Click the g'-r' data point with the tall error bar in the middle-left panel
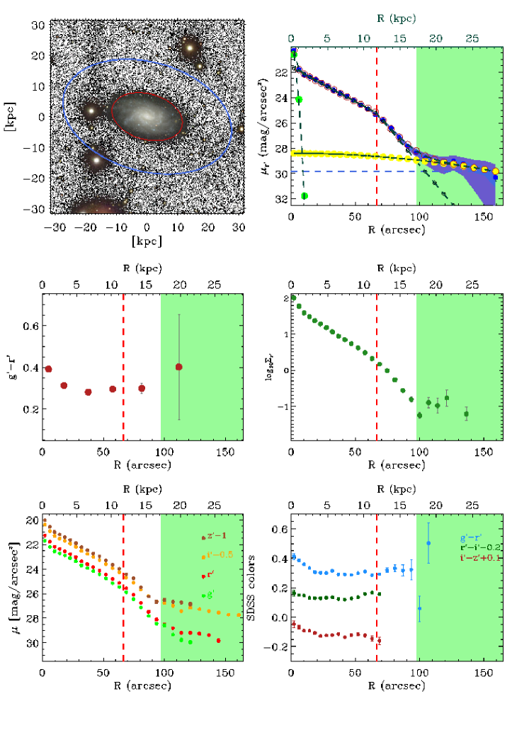pyautogui.click(x=178, y=367)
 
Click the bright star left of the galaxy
pyautogui.click(x=91, y=111)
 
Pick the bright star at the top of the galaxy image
pyautogui.click(x=190, y=47)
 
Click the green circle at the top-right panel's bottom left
pyautogui.click(x=305, y=195)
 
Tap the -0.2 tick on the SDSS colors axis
pyautogui.click(x=277, y=648)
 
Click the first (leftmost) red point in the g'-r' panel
pyautogui.click(x=48, y=369)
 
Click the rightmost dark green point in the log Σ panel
pyautogui.click(x=466, y=414)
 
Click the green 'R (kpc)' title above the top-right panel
pyautogui.click(x=397, y=18)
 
